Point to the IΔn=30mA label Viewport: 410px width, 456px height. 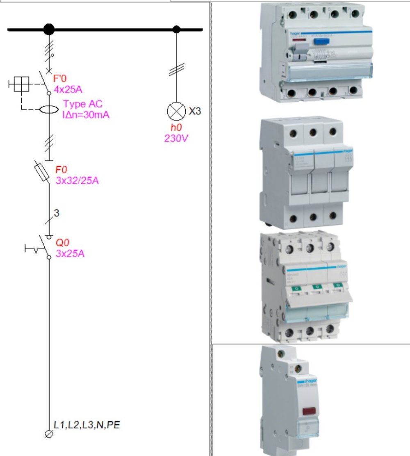tap(86, 115)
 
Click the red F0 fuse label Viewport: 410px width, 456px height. tap(61, 170)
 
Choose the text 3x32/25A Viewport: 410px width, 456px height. tap(77, 180)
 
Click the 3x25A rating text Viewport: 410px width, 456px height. tap(70, 253)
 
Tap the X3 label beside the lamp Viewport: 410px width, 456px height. tap(195, 111)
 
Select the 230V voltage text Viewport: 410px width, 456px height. tap(176, 138)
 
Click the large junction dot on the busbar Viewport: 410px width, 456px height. tap(49, 30)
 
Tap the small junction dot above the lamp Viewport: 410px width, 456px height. tap(176, 30)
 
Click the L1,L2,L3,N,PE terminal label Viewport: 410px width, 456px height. tap(87, 425)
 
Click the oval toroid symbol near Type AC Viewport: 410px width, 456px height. tap(48, 110)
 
